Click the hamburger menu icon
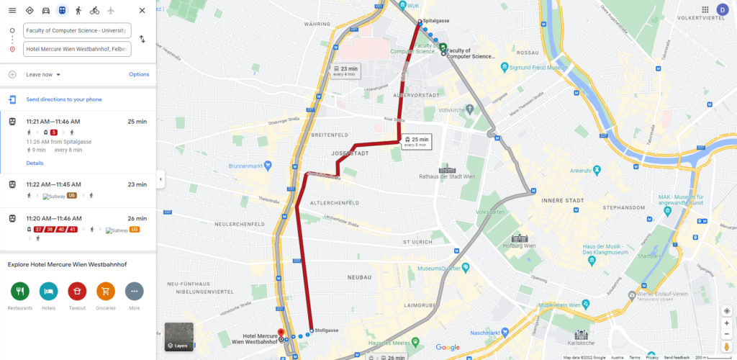coord(12,10)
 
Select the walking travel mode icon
coord(78,10)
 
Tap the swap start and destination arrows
coord(142,39)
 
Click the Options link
coord(139,74)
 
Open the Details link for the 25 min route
coord(35,163)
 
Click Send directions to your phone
coord(64,99)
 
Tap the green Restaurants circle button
coord(20,291)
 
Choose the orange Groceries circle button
coord(106,291)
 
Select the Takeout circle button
coord(77,291)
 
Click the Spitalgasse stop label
coord(435,21)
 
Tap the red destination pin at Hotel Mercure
coord(281,331)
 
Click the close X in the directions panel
coord(142,10)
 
